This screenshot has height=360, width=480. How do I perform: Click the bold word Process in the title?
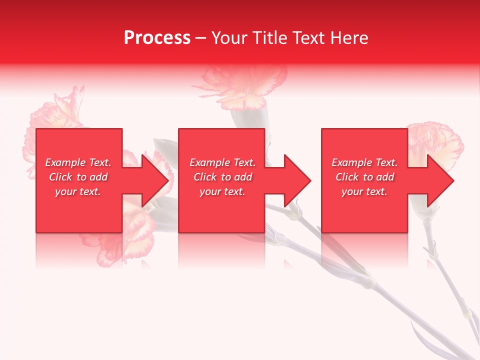click(x=157, y=38)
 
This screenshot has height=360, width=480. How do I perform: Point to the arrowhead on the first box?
click(x=155, y=180)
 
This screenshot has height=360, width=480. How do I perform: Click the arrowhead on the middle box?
click(x=298, y=180)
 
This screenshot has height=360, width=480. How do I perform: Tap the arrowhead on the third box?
click(x=440, y=180)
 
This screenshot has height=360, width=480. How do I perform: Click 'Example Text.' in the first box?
click(x=78, y=162)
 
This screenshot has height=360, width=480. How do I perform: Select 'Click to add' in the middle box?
click(x=222, y=177)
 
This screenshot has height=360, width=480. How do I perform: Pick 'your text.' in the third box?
click(x=364, y=191)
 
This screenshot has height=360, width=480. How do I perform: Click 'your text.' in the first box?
click(x=78, y=191)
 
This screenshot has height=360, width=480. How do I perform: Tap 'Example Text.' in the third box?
click(x=364, y=162)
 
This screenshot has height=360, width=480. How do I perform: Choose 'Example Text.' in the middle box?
click(x=222, y=162)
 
